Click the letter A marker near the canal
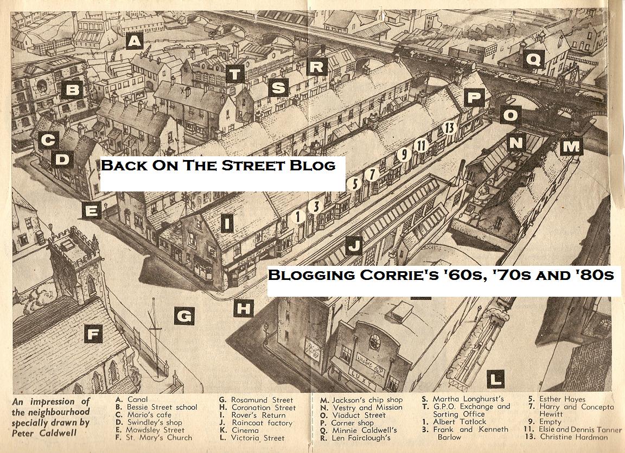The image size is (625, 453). point(135,41)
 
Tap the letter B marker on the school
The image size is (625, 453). point(72,90)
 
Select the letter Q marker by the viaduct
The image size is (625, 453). point(534,59)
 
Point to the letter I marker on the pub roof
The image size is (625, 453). point(228,222)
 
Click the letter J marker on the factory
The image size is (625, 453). point(354,246)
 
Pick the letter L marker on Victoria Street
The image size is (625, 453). point(495,379)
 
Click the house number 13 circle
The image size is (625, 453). point(449,128)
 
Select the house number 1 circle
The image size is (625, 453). point(297,216)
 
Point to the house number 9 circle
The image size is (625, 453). point(403,155)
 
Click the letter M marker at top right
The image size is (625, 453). point(571,146)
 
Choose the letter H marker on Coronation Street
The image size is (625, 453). point(244,309)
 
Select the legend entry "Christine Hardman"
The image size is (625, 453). point(574,437)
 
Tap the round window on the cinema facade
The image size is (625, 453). point(375,341)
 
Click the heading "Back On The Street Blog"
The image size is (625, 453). point(218,165)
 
